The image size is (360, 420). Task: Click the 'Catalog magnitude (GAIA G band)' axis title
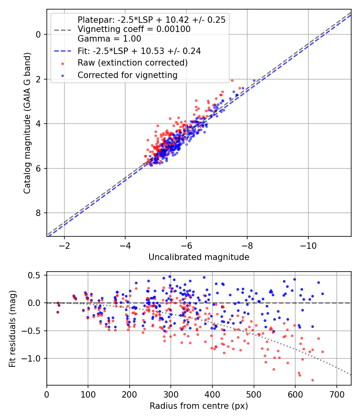[x=27, y=123]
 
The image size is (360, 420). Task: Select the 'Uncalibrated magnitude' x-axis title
[x=199, y=257]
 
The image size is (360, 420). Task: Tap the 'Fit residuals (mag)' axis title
[x=12, y=329]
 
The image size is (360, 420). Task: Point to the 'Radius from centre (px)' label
[x=199, y=406]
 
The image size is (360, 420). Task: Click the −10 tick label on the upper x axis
[x=308, y=246]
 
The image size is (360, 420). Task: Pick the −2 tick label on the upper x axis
[x=64, y=246]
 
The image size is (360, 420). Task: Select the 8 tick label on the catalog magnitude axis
[x=38, y=213]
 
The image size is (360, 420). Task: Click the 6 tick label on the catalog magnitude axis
[x=38, y=168]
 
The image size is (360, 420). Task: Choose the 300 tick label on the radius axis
[x=171, y=394]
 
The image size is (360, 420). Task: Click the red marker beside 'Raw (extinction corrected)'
[x=63, y=64]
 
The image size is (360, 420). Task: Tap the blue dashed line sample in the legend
[x=63, y=51]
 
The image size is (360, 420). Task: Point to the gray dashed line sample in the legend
[x=63, y=30]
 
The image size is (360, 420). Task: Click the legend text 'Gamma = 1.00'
[x=109, y=39]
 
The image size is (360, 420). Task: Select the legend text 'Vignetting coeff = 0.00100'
[x=134, y=29]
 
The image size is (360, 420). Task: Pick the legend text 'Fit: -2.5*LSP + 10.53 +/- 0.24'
[x=139, y=51]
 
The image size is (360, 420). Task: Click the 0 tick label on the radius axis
[x=47, y=394]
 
